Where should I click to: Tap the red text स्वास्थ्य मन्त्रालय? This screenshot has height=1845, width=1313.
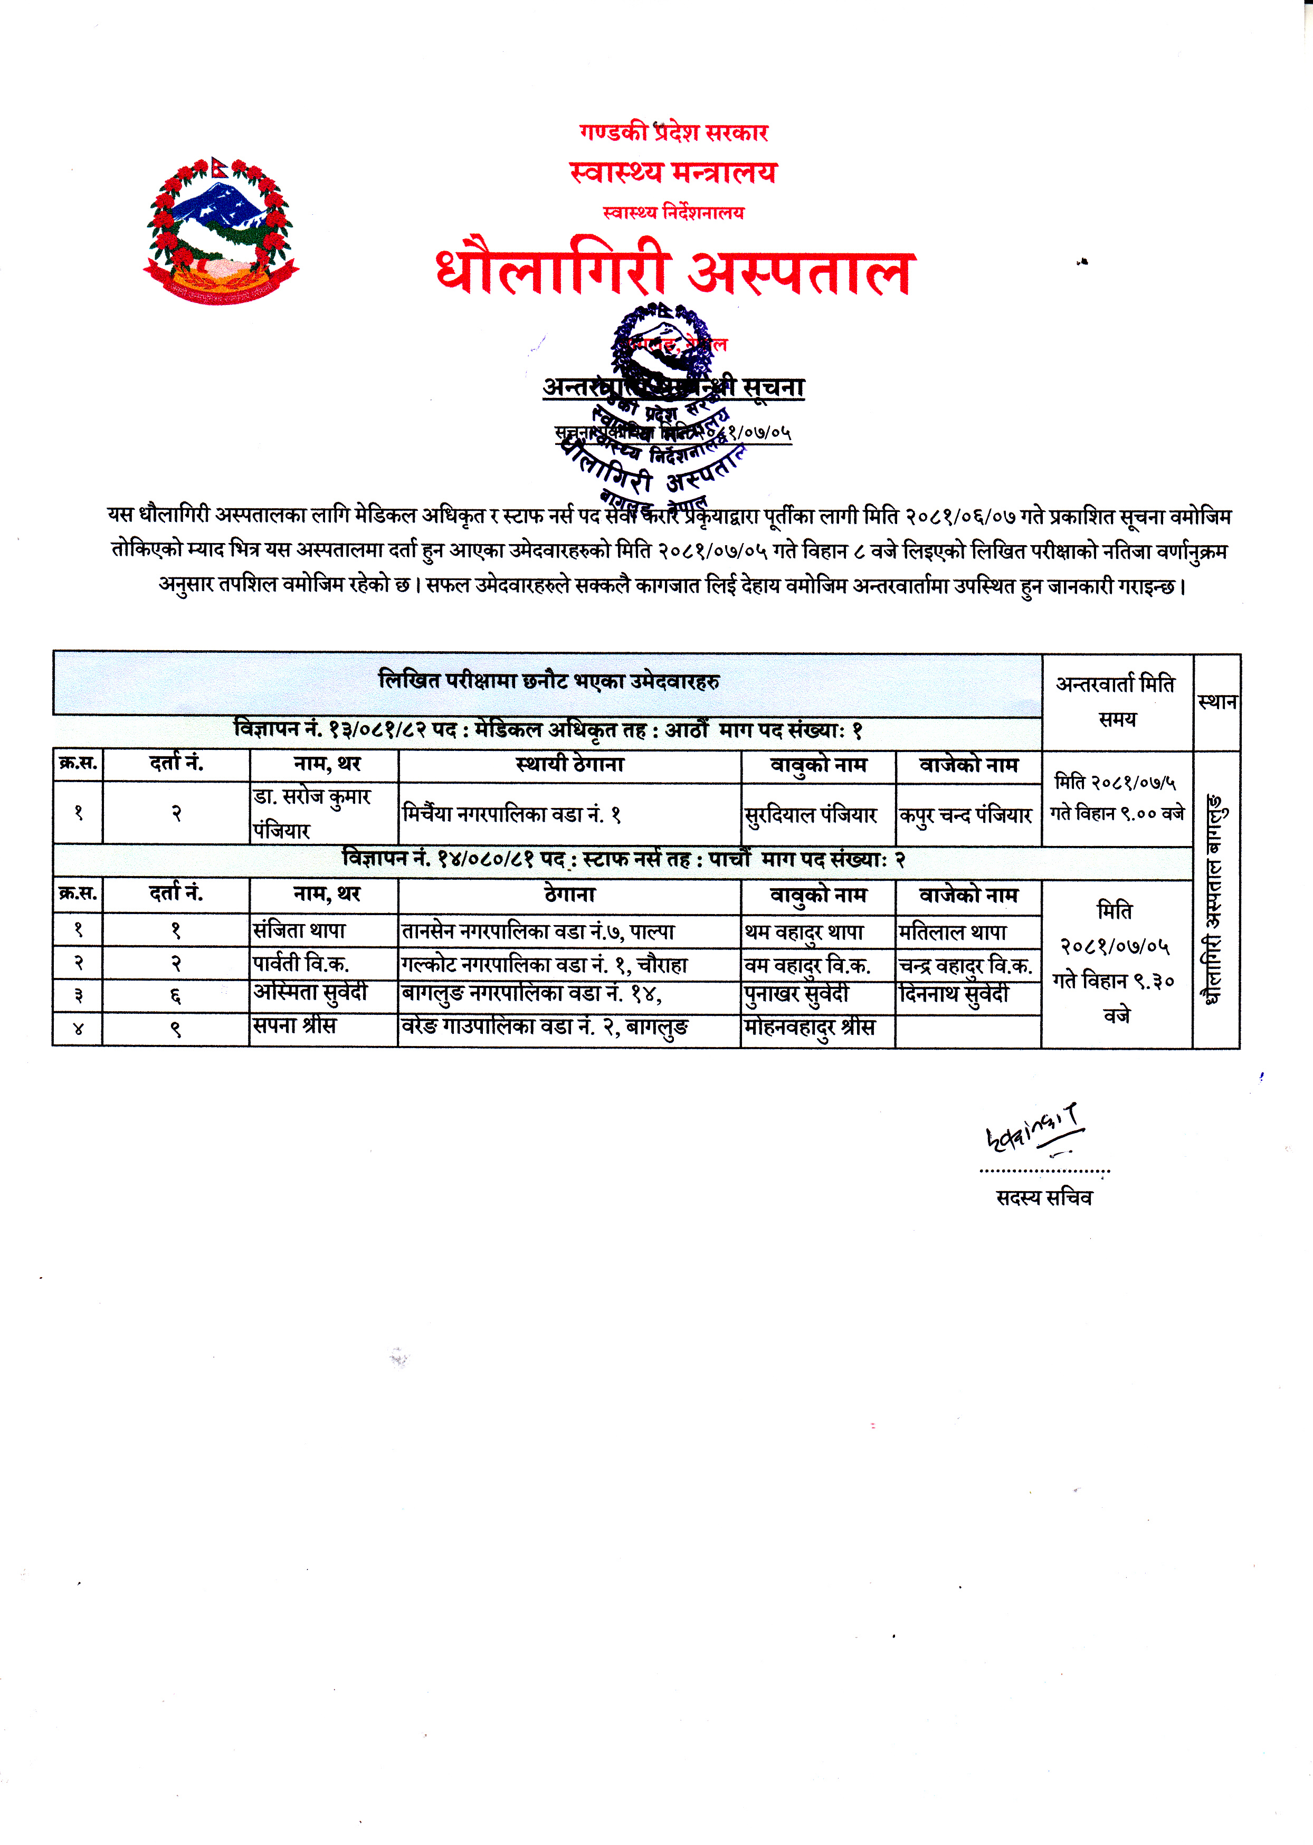673,172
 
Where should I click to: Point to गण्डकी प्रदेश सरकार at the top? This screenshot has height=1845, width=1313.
673,132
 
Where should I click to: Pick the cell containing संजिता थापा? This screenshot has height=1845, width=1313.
322,930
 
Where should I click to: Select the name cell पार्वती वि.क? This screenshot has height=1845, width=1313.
322,964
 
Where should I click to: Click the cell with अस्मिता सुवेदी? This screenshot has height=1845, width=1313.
322,994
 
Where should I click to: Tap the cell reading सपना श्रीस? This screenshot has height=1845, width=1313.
322,1028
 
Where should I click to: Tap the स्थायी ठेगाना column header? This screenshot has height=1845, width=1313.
569,764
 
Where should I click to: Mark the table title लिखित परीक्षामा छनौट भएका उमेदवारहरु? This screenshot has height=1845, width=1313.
548,681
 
